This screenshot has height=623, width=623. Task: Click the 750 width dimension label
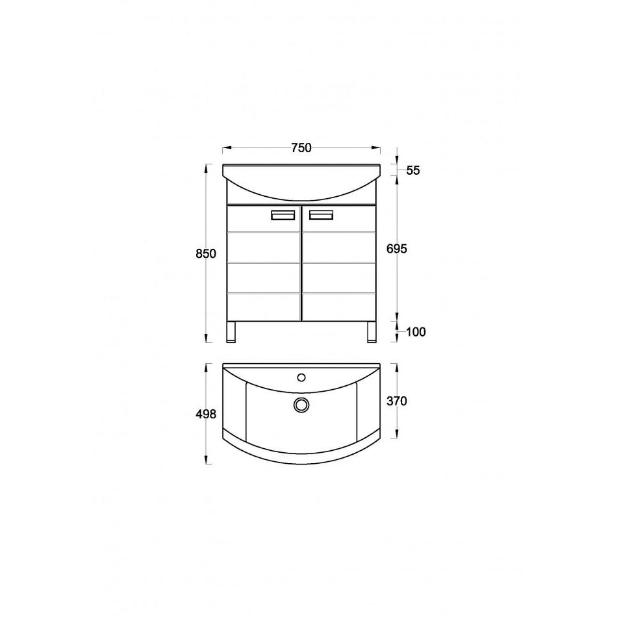(x=301, y=148)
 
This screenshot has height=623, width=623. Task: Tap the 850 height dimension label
(x=206, y=253)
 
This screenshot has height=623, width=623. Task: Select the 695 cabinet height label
(x=396, y=249)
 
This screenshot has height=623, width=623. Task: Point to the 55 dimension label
(x=413, y=170)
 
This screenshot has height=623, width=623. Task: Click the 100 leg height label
(x=416, y=332)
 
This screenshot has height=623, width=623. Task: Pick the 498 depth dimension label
(x=206, y=414)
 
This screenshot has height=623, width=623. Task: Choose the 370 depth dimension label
(x=396, y=401)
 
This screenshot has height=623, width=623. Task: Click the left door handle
(x=283, y=215)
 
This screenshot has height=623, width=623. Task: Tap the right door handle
(x=321, y=215)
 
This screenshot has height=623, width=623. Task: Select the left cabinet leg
(x=231, y=332)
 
